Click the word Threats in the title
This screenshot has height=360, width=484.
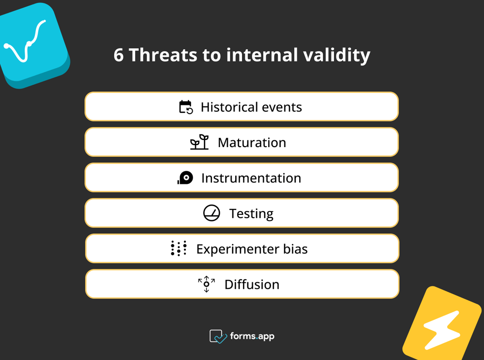coord(163,55)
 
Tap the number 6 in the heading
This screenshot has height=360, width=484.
coord(119,55)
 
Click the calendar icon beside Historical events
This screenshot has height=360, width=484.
coord(186,107)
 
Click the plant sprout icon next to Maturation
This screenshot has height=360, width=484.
coord(199,142)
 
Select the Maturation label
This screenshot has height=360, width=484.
coord(252,143)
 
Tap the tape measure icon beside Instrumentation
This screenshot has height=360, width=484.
coord(185,178)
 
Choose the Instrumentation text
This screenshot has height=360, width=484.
coord(251,178)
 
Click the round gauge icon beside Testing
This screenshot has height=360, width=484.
coord(212,213)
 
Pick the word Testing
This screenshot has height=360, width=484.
coord(251,213)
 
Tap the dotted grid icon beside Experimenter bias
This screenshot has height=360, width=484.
coord(179,248)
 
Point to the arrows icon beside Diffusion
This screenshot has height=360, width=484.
coord(207,284)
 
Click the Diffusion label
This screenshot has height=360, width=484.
coord(252,285)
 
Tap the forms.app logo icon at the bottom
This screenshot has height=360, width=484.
coord(218,336)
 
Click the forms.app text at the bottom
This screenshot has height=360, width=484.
coord(252,336)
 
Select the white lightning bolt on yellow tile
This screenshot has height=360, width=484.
coord(441,330)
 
